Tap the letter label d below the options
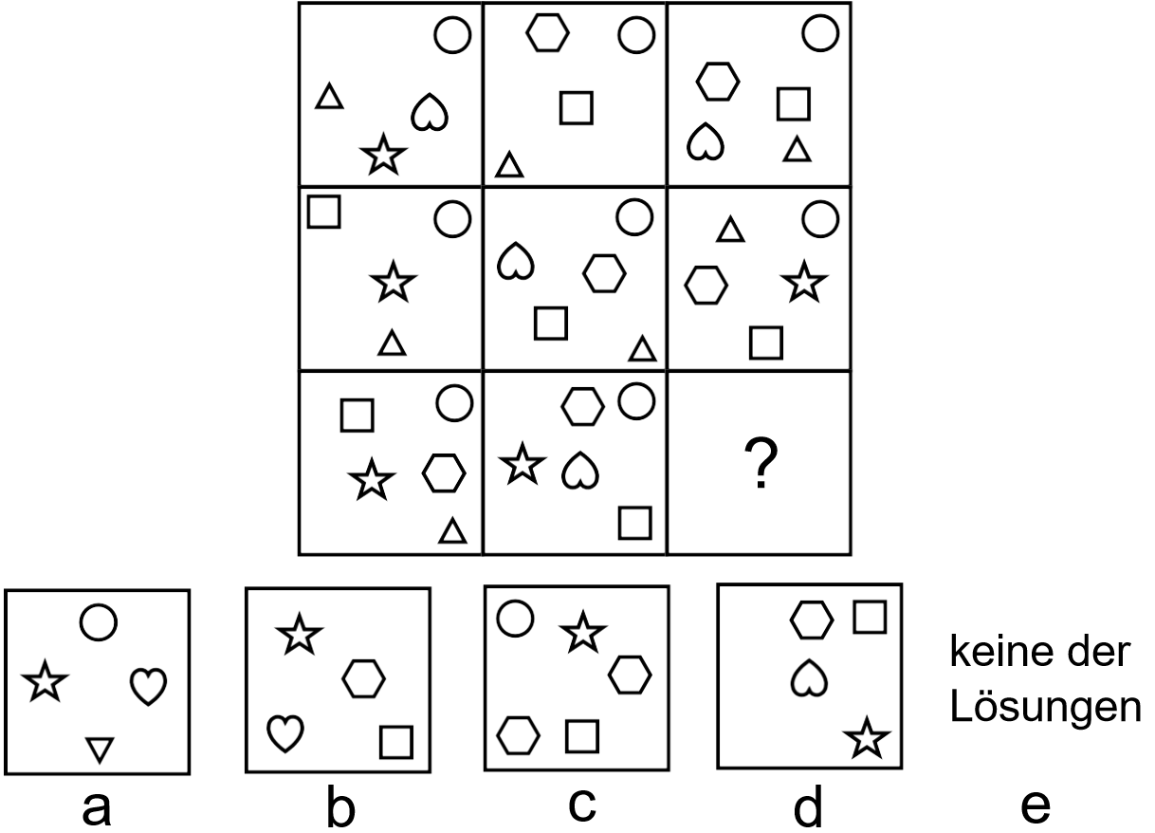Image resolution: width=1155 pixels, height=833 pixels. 809,807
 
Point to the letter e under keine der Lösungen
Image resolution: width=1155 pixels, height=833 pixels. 1036,805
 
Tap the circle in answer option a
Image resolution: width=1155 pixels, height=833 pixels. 98,622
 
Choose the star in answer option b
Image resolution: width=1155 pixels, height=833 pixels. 299,635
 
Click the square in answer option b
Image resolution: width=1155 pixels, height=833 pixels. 395,741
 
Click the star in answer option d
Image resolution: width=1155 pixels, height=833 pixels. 864,738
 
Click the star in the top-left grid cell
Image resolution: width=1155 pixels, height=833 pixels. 382,153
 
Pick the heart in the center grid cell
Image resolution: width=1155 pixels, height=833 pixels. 514,260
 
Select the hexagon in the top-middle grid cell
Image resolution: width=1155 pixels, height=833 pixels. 547,35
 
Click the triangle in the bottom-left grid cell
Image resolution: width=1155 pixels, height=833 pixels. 453,530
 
